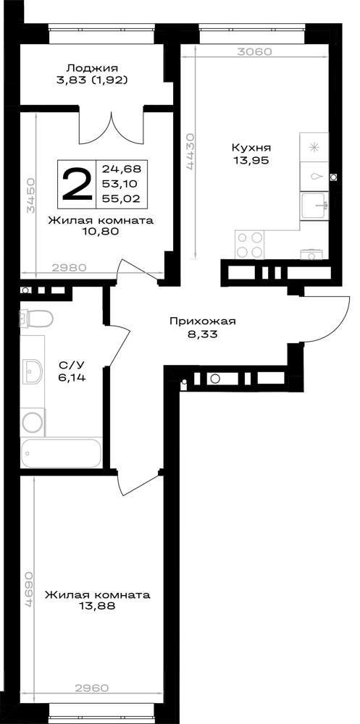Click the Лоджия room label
92,68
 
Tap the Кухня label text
251,148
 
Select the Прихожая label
203,321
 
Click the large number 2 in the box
77,184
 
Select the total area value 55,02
122,199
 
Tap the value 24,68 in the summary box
122,168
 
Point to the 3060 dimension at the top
254,52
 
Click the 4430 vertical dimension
191,153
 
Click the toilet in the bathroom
36,318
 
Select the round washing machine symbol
33,422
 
